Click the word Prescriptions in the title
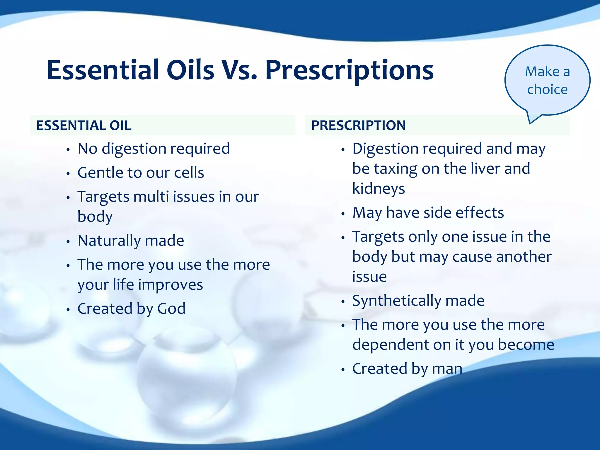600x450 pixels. click(349, 71)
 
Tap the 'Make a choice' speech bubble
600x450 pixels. click(547, 80)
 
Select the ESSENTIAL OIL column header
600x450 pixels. click(84, 125)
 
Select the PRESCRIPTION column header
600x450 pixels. click(358, 125)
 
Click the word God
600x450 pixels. click(171, 308)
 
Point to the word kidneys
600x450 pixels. click(379, 188)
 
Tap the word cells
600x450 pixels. click(189, 173)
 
